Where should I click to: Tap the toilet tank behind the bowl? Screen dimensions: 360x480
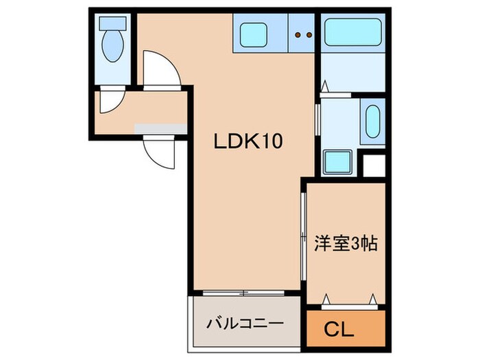pyautogui.click(x=110, y=23)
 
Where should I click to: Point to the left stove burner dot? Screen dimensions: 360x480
pyautogui.click(x=298, y=34)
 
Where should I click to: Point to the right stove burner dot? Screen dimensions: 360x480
pyautogui.click(x=308, y=34)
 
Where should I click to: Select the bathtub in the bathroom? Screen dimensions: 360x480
pyautogui.click(x=351, y=32)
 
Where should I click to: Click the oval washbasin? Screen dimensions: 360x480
pyautogui.click(x=372, y=121)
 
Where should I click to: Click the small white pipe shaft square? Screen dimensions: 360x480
pyautogui.click(x=374, y=167)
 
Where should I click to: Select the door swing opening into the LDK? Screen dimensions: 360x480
pyautogui.click(x=162, y=69)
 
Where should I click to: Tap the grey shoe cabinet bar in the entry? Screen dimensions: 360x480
pyautogui.click(x=160, y=128)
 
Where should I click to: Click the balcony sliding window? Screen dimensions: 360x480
pyautogui.click(x=244, y=293)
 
